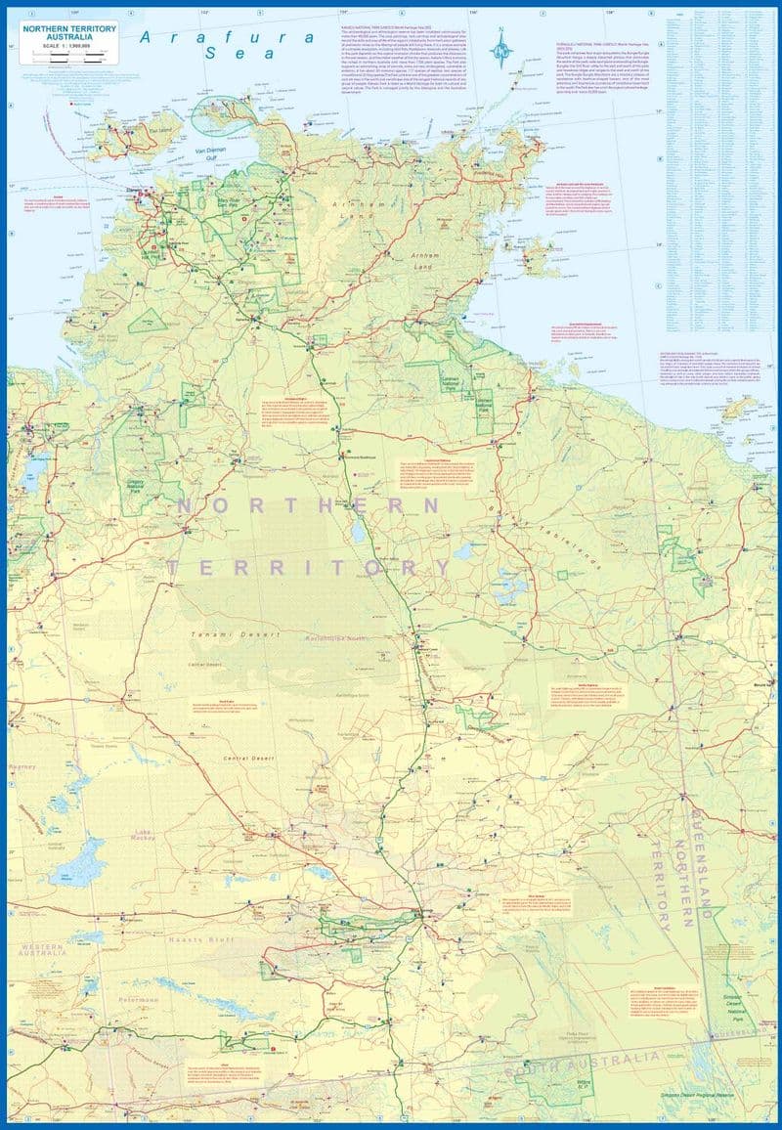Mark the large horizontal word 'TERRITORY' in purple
point(309,567)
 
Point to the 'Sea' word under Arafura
point(223,56)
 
